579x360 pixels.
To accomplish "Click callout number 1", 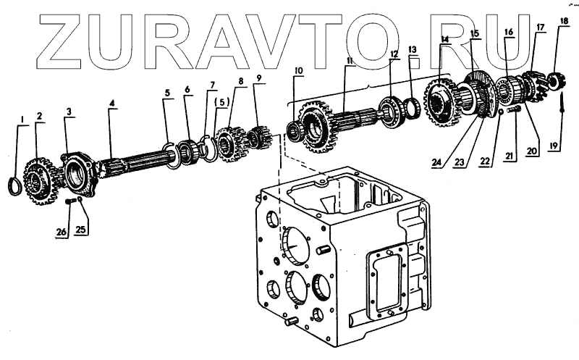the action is click(22, 118).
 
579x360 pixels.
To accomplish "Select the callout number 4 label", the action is click(111, 104).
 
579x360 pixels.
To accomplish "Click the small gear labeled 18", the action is click(558, 79).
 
